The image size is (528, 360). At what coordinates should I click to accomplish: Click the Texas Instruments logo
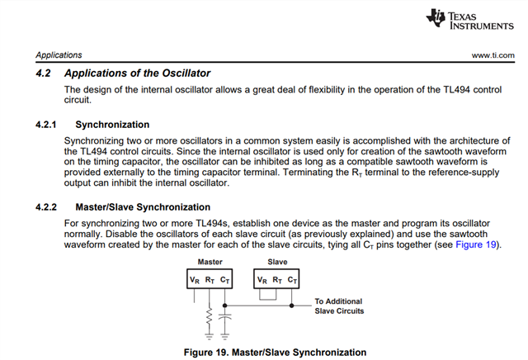coord(469,21)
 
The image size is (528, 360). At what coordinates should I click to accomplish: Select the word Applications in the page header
coord(59,55)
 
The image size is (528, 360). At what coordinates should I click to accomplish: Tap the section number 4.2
coord(45,73)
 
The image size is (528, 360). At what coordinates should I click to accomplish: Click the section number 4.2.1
coord(49,125)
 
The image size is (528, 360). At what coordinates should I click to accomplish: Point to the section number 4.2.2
coord(49,206)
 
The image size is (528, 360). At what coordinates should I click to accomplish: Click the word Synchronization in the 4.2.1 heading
coord(112,125)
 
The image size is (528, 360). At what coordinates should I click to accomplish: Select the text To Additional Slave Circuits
coord(338,306)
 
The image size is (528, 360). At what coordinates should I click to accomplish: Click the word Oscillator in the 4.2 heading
coord(181,73)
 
